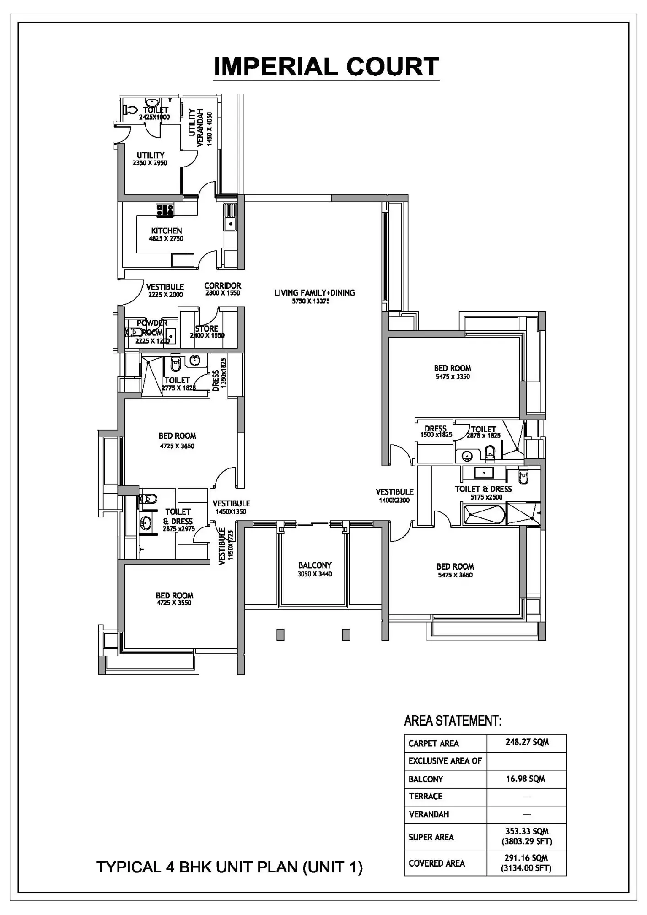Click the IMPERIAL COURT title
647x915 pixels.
[x=326, y=67]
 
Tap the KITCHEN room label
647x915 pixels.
[x=167, y=231]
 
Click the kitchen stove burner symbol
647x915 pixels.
[x=165, y=210]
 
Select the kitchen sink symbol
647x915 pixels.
[x=229, y=217]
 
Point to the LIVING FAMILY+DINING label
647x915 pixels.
[x=314, y=293]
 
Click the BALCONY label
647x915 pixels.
[x=315, y=565]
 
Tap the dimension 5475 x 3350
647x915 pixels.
[x=453, y=377]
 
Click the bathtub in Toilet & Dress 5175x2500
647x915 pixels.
[x=484, y=514]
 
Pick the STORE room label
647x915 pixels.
[x=207, y=328]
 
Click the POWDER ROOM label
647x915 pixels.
[x=152, y=328]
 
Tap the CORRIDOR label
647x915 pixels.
[x=222, y=285]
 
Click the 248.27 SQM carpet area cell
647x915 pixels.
[x=527, y=742]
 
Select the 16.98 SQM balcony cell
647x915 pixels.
[x=525, y=779]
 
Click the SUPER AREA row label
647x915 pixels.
[x=431, y=837]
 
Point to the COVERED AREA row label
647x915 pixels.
[x=437, y=863]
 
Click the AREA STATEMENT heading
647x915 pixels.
[x=453, y=721]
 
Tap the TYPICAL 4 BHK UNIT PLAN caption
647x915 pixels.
[x=229, y=867]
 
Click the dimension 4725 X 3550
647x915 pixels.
[x=174, y=603]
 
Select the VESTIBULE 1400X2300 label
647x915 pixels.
[x=394, y=495]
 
